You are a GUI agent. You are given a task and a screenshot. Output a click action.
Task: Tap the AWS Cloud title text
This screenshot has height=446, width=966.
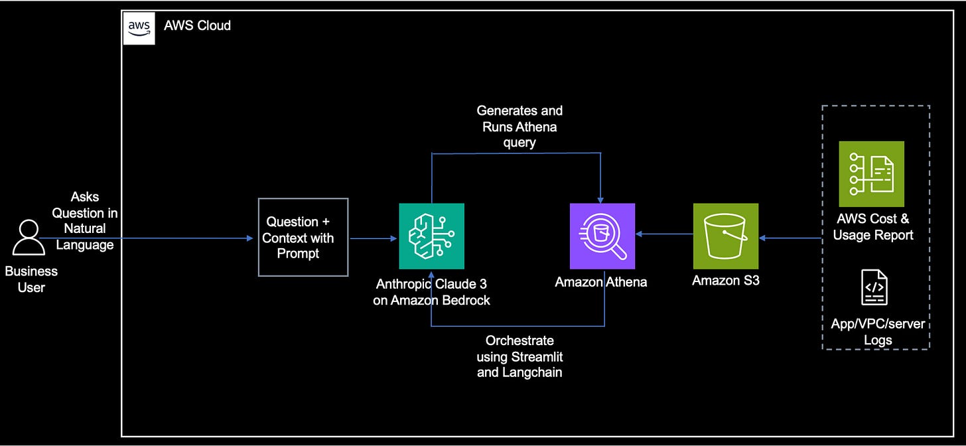pyautogui.click(x=197, y=26)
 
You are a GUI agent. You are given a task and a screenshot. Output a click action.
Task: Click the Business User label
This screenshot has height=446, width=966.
pyautogui.click(x=31, y=279)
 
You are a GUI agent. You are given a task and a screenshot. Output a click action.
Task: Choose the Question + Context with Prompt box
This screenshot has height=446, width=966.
pyautogui.click(x=303, y=237)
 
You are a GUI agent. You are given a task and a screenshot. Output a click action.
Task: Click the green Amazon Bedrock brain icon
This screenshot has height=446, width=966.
pyautogui.click(x=431, y=236)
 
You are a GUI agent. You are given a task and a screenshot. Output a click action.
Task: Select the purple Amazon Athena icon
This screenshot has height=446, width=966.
pyautogui.click(x=602, y=236)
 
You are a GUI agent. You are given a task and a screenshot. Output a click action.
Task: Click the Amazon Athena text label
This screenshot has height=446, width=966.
pyautogui.click(x=601, y=282)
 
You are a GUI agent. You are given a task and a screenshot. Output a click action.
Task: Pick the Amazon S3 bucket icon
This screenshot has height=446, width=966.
pyautogui.click(x=725, y=236)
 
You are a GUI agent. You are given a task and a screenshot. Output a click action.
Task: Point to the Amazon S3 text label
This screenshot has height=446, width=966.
pyautogui.click(x=726, y=280)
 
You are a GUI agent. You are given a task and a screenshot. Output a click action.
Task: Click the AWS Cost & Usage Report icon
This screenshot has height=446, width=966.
pyautogui.click(x=871, y=173)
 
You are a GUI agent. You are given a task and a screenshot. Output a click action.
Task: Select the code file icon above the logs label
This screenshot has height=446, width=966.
pyautogui.click(x=874, y=287)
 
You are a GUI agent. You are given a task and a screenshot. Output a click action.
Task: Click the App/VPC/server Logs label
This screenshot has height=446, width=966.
pyautogui.click(x=878, y=332)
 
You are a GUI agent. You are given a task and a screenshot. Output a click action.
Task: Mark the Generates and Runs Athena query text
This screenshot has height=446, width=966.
pyautogui.click(x=519, y=126)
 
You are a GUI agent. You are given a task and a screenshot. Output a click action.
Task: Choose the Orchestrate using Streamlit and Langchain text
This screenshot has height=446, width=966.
pyautogui.click(x=519, y=356)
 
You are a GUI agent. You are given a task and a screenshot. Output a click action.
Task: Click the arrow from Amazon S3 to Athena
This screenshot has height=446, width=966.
pyautogui.click(x=664, y=234)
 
